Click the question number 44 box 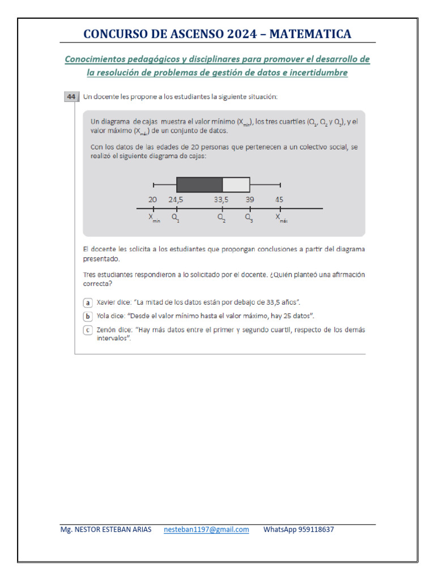tap(71, 97)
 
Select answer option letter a tap(88, 302)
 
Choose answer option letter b tap(88, 316)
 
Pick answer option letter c tap(88, 330)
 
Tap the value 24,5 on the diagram tap(177, 199)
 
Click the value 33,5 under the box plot tap(222, 199)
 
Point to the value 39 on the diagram tap(250, 199)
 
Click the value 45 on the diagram tap(280, 199)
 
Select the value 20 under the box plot tap(153, 199)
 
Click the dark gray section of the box tap(199, 185)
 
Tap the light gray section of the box tap(236, 185)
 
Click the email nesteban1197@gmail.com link tap(206, 530)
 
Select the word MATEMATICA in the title tap(310, 34)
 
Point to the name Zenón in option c tap(108, 330)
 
